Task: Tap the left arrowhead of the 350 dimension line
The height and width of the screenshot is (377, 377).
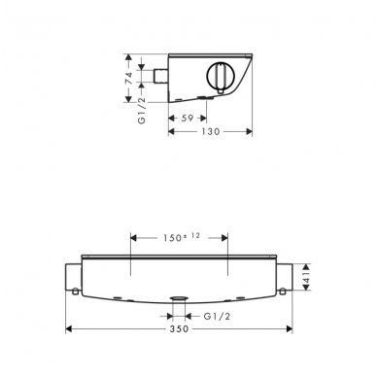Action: click(x=69, y=329)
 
